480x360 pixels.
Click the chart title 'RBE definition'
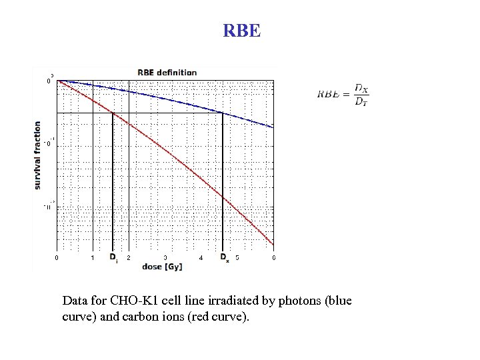(167, 72)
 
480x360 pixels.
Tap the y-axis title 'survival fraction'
(37, 154)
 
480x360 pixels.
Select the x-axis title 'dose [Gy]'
(162, 267)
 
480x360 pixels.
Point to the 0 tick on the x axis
(56, 257)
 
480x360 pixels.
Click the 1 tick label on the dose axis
(93, 257)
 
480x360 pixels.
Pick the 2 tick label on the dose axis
(129, 257)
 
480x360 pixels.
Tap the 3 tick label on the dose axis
(165, 257)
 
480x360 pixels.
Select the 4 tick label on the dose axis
(201, 257)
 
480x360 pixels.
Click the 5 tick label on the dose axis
(238, 257)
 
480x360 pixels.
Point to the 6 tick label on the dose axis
(273, 257)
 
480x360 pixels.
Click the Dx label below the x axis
(224, 257)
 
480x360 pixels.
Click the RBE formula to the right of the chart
(343, 95)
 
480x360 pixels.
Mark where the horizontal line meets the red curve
(113, 113)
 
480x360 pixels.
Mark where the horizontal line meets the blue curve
(222, 113)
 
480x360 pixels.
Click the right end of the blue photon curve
(273, 127)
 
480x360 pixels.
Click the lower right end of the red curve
(273, 243)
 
